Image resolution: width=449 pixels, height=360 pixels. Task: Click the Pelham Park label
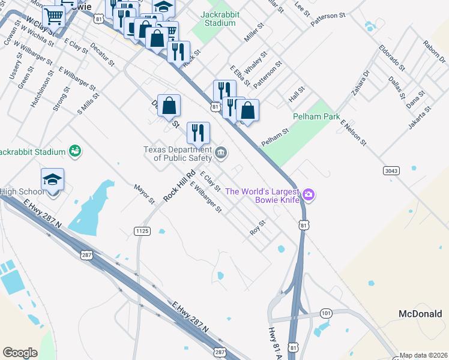pyautogui.click(x=316, y=116)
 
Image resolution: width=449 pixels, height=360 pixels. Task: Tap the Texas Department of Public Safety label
pyautogui.click(x=177, y=154)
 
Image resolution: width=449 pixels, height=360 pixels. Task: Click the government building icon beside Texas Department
pyautogui.click(x=221, y=154)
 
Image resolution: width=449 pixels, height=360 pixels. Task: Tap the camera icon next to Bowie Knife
pyautogui.click(x=309, y=194)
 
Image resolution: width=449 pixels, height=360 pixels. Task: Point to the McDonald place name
pyautogui.click(x=420, y=314)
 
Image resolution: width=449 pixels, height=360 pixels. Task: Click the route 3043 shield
pyautogui.click(x=391, y=171)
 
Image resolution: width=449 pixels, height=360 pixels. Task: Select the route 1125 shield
pyautogui.click(x=142, y=231)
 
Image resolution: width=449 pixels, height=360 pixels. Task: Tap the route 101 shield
pyautogui.click(x=326, y=313)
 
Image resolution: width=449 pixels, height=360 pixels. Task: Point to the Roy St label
pyautogui.click(x=258, y=228)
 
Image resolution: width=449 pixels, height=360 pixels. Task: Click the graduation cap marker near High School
pyautogui.click(x=52, y=179)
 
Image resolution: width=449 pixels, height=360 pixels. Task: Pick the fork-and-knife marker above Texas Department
pyautogui.click(x=198, y=133)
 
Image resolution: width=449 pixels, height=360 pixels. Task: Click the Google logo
pyautogui.click(x=20, y=352)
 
